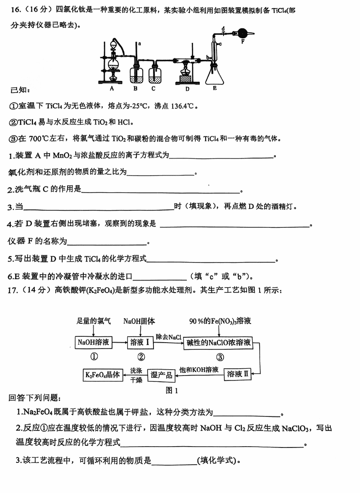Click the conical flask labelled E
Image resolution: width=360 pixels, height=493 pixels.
215,74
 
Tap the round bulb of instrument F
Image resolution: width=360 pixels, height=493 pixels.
243,32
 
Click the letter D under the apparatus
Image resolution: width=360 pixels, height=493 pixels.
187,89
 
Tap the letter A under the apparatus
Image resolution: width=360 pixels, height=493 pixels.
112,89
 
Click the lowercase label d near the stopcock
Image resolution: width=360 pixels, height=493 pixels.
224,28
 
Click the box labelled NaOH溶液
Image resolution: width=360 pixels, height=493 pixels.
93,342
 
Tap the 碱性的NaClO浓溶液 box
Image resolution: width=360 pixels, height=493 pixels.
219,343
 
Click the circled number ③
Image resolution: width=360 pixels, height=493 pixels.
220,357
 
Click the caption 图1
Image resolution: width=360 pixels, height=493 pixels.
172,390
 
